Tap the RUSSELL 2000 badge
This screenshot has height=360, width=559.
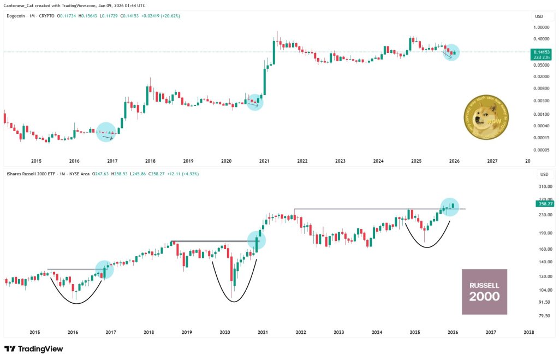coord(484,292)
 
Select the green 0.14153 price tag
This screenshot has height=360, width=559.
coord(543,53)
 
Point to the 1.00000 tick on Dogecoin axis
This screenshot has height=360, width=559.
coord(542,27)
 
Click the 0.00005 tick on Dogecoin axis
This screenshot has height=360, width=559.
coord(542,150)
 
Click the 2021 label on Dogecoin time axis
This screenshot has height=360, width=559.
coord(264,161)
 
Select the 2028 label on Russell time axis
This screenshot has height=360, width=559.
coord(528,332)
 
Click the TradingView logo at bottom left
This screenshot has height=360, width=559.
coord(34,349)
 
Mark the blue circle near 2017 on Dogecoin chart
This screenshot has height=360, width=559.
coord(106,132)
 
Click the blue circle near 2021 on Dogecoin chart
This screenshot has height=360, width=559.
coord(255,102)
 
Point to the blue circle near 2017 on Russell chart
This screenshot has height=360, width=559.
coord(104,269)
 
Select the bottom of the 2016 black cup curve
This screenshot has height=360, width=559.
coord(76,303)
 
